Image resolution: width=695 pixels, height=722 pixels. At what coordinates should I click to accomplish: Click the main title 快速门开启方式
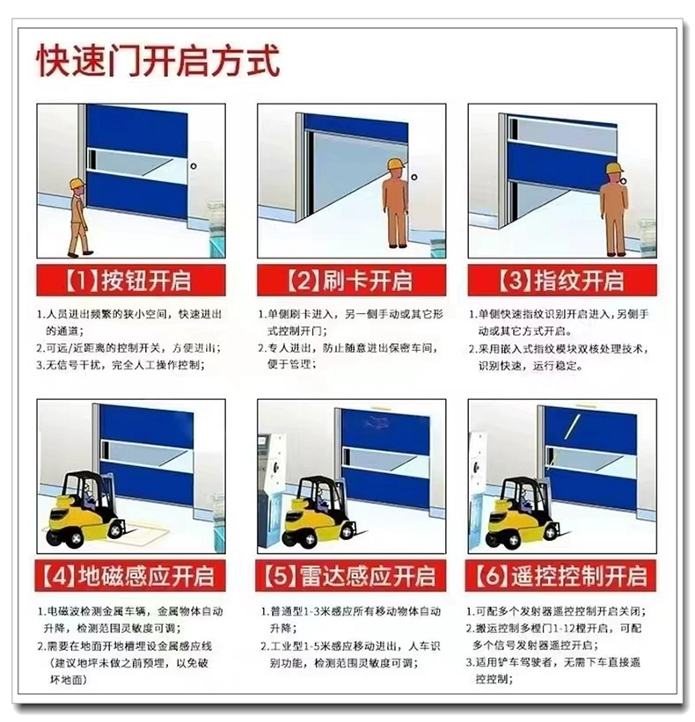158,61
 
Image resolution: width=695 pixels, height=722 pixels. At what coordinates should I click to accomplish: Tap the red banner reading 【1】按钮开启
131,280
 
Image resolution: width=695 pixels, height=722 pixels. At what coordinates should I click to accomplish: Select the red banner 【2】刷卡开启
351,280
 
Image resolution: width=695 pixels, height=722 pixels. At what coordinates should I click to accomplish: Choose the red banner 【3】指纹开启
562,280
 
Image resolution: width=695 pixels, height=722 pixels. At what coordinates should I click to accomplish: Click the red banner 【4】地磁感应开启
130,575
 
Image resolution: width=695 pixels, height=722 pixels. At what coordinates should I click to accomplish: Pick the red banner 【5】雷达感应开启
351,575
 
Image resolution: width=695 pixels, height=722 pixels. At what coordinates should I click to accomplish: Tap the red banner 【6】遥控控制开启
561,575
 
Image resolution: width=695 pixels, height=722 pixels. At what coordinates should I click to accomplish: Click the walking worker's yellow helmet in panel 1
77,183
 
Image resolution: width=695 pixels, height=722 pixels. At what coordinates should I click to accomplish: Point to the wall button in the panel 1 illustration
194,165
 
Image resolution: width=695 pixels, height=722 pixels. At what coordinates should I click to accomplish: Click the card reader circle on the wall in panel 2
414,178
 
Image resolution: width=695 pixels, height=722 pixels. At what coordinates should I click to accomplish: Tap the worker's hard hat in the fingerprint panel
613,168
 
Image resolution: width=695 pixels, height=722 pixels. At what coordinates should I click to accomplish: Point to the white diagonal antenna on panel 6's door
572,426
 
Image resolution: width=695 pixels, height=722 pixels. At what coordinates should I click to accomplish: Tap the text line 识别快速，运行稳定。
530,366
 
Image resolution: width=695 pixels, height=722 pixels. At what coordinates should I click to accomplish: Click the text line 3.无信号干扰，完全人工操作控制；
121,365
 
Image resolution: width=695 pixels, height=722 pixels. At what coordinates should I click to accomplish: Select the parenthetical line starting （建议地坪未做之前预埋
128,663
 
